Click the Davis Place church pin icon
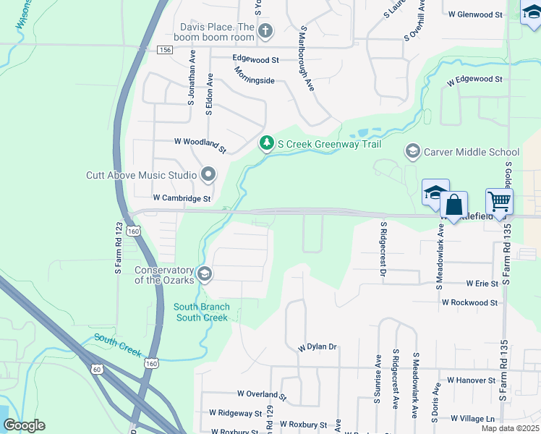(265, 30)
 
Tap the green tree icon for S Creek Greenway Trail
(267, 144)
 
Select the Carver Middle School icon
(413, 151)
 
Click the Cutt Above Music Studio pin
(209, 174)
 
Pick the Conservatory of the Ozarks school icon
(205, 273)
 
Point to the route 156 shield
(165, 49)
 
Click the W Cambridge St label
(182, 198)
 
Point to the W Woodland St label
(200, 142)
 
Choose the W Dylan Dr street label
(318, 347)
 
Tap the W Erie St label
(477, 284)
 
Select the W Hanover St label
(471, 380)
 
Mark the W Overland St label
(261, 394)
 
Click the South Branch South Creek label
(203, 312)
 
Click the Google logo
(25, 425)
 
